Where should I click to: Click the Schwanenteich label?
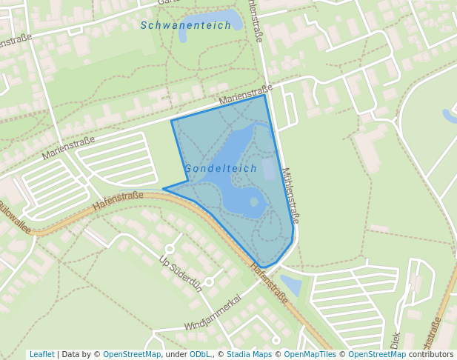(x=186, y=25)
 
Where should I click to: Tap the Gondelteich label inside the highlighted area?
(x=221, y=168)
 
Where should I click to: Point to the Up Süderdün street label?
(x=181, y=273)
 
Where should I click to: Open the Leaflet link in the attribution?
(x=41, y=354)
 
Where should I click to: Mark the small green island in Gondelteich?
(x=254, y=201)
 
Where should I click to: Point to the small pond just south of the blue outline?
(x=290, y=285)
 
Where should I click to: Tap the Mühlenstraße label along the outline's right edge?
(x=290, y=195)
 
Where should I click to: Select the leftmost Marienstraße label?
(x=68, y=148)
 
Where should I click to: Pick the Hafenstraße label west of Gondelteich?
(x=119, y=200)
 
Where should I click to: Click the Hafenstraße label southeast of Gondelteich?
(x=269, y=284)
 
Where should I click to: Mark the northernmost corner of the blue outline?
(x=264, y=95)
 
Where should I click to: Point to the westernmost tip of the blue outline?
(x=164, y=188)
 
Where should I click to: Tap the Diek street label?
(x=393, y=340)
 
